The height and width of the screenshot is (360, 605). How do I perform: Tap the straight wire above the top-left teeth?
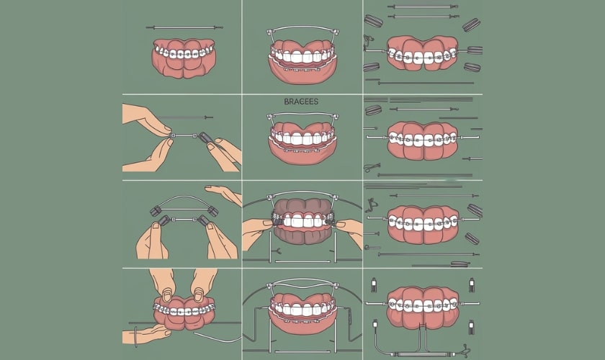click(x=184, y=28)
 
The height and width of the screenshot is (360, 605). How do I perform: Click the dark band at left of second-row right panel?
click(x=373, y=111)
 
